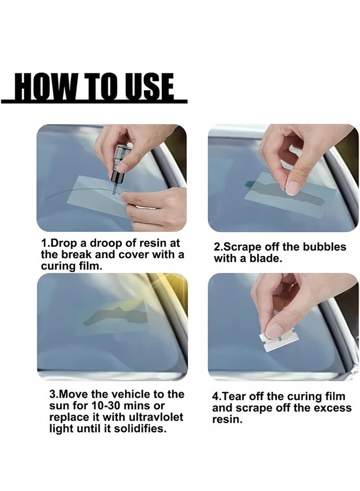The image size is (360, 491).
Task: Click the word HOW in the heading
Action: pos(43,88)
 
